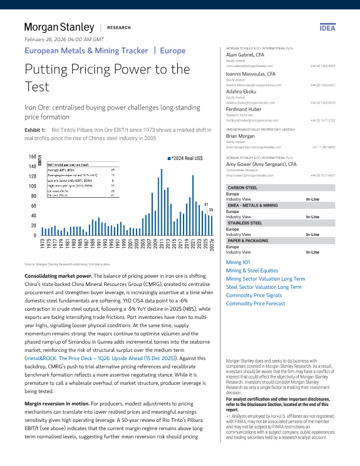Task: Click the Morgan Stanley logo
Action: point(59,27)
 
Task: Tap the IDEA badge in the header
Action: point(326,28)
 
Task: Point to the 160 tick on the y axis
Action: point(16,157)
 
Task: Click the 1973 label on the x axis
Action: point(42,243)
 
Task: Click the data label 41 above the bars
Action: point(206,205)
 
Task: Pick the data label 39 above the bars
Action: point(211,209)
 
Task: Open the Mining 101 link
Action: point(238,261)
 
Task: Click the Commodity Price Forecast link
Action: point(256,303)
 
